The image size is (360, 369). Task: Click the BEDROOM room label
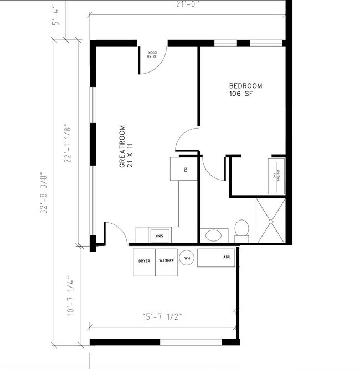tap(245, 86)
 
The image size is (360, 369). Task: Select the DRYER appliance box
tap(144, 260)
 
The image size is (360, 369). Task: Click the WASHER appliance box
tap(166, 260)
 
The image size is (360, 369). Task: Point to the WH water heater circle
tap(187, 258)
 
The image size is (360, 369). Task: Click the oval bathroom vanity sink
tap(213, 236)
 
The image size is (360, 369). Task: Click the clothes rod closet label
tap(276, 175)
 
